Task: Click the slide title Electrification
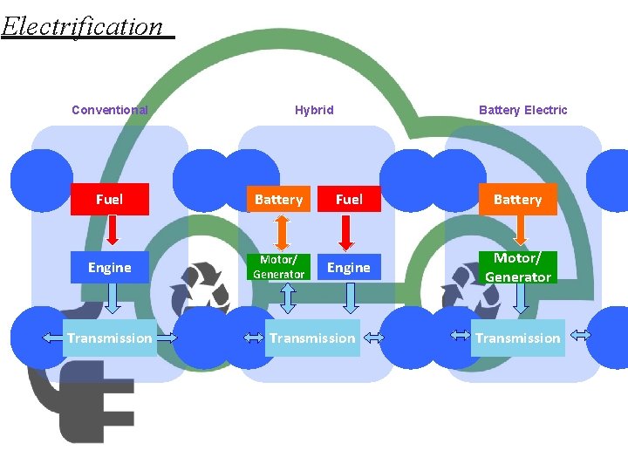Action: point(83,26)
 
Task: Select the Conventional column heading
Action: point(109,110)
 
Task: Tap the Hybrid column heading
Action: point(314,110)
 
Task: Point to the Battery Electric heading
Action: point(522,110)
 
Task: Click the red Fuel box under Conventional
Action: point(109,200)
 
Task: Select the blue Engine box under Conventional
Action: point(109,268)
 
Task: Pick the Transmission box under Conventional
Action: point(109,338)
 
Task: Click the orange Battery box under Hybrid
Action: point(278,200)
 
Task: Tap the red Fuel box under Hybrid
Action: point(349,200)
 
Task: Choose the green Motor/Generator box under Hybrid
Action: point(278,267)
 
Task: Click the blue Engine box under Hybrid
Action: point(349,268)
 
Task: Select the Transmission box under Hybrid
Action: point(312,338)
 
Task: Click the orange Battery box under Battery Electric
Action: point(517,200)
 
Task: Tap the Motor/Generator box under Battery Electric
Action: point(518,268)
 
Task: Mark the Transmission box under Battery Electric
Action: point(518,338)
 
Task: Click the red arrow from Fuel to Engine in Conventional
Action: point(112,231)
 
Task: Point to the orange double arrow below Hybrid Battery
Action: point(281,233)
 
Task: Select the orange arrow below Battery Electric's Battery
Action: point(521,231)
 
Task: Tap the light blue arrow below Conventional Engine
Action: point(113,299)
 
